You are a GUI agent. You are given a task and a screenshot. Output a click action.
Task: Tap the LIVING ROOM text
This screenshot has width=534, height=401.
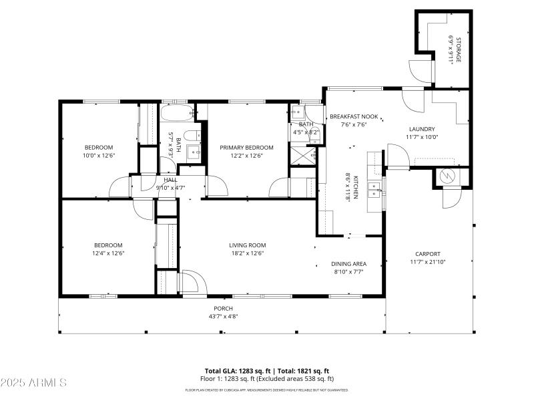click(248, 245)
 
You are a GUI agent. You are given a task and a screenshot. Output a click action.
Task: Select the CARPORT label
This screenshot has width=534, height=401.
click(428, 254)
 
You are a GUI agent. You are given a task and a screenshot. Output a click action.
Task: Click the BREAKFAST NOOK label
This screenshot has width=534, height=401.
click(354, 116)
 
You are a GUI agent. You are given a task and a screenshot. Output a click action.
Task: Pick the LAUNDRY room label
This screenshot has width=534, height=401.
click(422, 130)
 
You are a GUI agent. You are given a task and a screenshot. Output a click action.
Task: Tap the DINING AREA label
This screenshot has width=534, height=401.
click(348, 264)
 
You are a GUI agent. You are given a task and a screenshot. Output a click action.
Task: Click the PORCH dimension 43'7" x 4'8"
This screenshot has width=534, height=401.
click(224, 316)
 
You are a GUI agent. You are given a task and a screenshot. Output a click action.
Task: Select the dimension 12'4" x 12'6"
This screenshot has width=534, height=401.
click(108, 253)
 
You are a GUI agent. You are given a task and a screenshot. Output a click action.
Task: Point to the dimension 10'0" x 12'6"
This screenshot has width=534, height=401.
click(99, 155)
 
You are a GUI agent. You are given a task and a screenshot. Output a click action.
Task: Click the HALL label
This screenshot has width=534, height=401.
click(170, 180)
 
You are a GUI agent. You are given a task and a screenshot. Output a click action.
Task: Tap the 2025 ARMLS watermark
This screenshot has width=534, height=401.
click(33, 383)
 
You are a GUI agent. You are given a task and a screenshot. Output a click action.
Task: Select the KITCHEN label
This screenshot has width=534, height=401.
click(357, 188)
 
